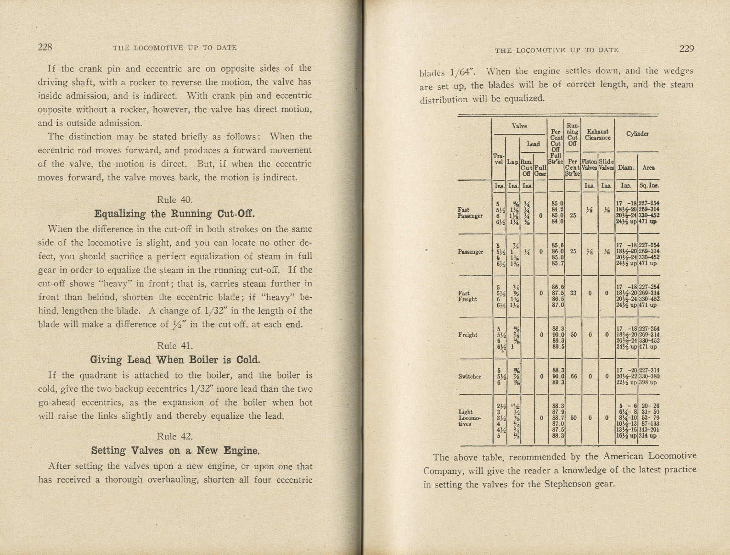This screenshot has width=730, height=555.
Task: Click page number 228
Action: (45, 47)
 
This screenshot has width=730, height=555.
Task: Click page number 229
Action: (686, 49)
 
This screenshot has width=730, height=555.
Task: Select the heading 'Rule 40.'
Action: (174, 200)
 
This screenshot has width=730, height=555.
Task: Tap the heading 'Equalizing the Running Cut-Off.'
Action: (174, 214)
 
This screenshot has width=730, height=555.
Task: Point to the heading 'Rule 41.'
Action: (174, 346)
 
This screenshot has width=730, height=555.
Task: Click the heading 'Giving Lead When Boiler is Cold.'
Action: (174, 360)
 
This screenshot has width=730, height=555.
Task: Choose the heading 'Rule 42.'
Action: (174, 436)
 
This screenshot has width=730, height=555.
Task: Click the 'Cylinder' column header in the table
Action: (637, 133)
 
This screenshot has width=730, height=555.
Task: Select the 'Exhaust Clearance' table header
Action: (598, 134)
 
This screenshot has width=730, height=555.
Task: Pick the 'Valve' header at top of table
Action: (519, 126)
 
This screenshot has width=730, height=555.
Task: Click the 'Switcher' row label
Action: (469, 377)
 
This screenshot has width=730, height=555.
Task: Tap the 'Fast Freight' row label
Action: (467, 296)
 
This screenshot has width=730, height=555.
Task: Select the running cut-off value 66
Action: (573, 376)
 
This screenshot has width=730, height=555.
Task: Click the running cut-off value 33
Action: (573, 292)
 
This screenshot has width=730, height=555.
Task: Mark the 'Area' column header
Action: (648, 167)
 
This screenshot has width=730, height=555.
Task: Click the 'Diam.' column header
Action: (626, 167)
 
